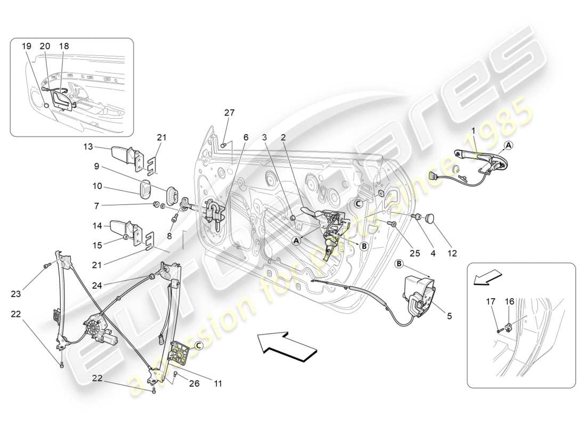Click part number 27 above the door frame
click(x=229, y=113)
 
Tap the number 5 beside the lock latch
click(x=449, y=316)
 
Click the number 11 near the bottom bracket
click(x=219, y=383)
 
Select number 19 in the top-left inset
click(x=27, y=46)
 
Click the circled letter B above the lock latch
click(x=400, y=264)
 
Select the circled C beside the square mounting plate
click(x=198, y=346)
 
